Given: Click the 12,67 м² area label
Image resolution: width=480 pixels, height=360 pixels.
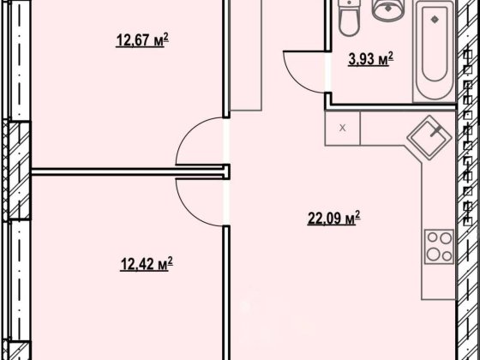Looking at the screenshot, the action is tap(142, 39).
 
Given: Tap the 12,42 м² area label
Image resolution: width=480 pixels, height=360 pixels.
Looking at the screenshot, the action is tap(147, 264).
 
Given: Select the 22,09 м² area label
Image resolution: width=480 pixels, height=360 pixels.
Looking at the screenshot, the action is tap(333, 219).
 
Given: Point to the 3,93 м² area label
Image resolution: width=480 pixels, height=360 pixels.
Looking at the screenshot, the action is tap(370, 59).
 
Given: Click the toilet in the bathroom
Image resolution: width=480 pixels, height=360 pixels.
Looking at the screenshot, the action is tap(349, 18).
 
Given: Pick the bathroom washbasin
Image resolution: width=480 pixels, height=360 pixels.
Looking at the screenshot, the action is tap(387, 10).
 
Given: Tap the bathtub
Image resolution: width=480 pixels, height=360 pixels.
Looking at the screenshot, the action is tap(434, 51).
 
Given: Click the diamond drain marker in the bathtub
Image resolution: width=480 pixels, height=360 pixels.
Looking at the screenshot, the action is tap(434, 19).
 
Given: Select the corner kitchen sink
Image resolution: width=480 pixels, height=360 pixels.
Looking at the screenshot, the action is tap(429, 137).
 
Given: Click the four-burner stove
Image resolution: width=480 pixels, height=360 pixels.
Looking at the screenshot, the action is tap(439, 247).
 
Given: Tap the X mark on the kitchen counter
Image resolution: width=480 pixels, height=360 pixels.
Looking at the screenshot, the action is tap(343, 128).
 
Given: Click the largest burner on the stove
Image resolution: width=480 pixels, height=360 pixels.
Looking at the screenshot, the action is tap(434, 254).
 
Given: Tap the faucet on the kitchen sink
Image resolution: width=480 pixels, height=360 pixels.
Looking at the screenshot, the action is tap(436, 131).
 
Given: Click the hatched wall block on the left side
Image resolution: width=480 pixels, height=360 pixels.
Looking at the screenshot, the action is tap(17, 171).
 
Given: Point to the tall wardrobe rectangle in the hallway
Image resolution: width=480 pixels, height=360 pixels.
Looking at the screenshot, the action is tap(246, 55).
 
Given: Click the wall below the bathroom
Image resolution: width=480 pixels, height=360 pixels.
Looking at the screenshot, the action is tap(390, 106).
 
